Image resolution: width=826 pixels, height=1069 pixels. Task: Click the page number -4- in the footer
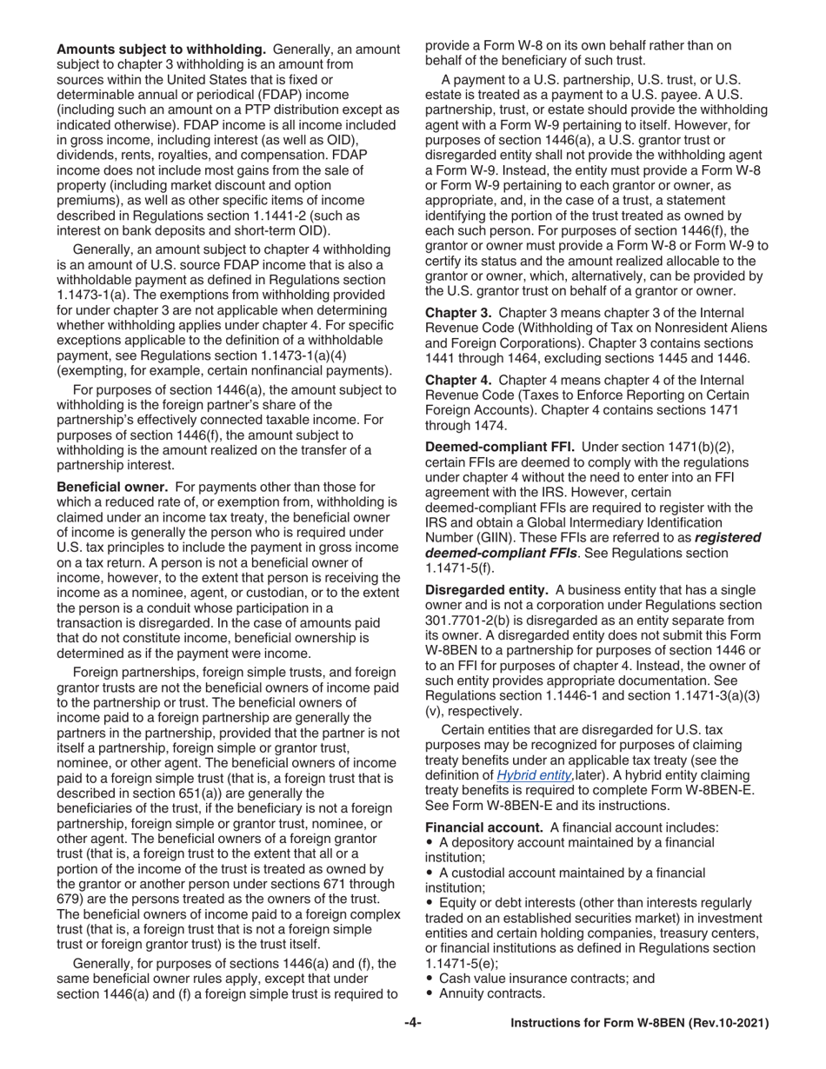tap(413, 1024)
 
